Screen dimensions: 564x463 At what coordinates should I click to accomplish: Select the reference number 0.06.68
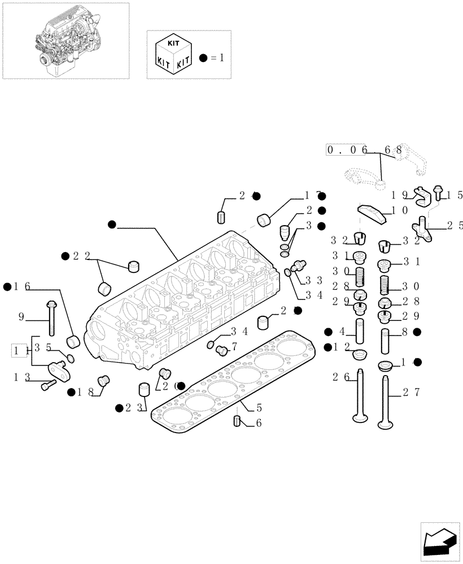pos(364,150)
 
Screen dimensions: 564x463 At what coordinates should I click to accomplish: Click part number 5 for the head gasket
pos(259,407)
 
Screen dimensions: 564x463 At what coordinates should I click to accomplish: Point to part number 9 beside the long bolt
pos(21,317)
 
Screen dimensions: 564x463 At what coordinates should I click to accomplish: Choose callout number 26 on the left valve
pos(338,376)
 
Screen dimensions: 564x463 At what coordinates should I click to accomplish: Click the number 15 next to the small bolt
pos(455,195)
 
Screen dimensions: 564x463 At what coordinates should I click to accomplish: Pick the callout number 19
pos(398,195)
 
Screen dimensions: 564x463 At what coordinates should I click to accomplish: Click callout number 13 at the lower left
pos(21,376)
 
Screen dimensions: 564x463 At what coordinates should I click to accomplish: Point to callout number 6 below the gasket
pos(259,423)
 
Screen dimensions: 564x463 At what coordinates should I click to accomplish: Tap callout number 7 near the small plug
pos(233,345)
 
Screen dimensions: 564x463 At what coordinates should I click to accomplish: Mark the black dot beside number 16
pos(7,287)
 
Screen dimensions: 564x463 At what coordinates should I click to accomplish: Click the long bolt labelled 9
pos(50,316)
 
